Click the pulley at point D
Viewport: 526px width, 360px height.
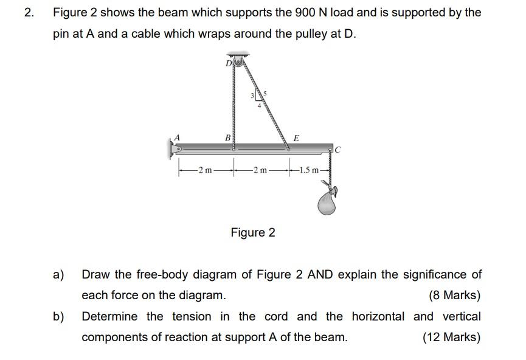(x=238, y=61)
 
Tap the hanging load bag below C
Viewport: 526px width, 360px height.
(x=327, y=203)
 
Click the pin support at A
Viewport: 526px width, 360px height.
(x=173, y=147)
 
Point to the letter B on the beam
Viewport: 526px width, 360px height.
(x=228, y=138)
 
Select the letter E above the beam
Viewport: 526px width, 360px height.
(x=296, y=138)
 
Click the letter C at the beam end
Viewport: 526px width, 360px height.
(x=337, y=148)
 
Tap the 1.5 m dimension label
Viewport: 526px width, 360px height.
(x=311, y=170)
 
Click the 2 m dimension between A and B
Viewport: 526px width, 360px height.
(x=205, y=170)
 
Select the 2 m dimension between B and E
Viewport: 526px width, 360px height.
(x=260, y=170)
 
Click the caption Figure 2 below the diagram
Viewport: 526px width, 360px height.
(x=252, y=232)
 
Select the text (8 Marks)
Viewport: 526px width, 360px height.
(x=454, y=296)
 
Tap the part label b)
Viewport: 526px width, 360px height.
(x=58, y=316)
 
